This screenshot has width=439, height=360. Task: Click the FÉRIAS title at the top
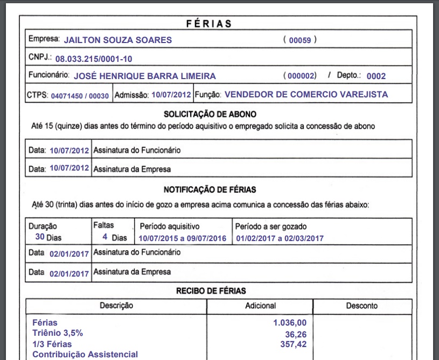[x=209, y=24]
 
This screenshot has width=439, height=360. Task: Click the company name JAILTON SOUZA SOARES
[x=118, y=40]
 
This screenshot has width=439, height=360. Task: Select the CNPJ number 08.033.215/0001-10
[x=94, y=58]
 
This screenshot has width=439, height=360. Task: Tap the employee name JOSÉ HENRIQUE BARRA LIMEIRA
[x=144, y=76]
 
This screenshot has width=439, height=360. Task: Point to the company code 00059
[x=300, y=40]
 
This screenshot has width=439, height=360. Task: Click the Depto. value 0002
[x=376, y=76]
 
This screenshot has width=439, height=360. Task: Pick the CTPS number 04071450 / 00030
[x=80, y=96]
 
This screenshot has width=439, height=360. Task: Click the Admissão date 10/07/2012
[x=171, y=95]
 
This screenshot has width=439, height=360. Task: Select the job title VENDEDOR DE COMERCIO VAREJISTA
[x=306, y=95]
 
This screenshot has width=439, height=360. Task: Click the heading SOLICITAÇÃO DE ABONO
[x=210, y=114]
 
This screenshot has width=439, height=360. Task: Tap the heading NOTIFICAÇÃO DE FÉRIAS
[x=210, y=189]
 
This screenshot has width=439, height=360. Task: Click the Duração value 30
[x=40, y=237]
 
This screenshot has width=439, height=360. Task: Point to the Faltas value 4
[x=104, y=237]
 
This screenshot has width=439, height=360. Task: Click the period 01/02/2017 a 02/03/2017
[x=280, y=238]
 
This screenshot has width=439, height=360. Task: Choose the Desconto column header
[x=361, y=306]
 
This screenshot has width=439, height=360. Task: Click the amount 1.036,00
[x=290, y=323]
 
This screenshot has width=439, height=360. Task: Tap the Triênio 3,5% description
[x=58, y=333]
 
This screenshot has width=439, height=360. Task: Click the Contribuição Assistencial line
[x=85, y=354]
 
